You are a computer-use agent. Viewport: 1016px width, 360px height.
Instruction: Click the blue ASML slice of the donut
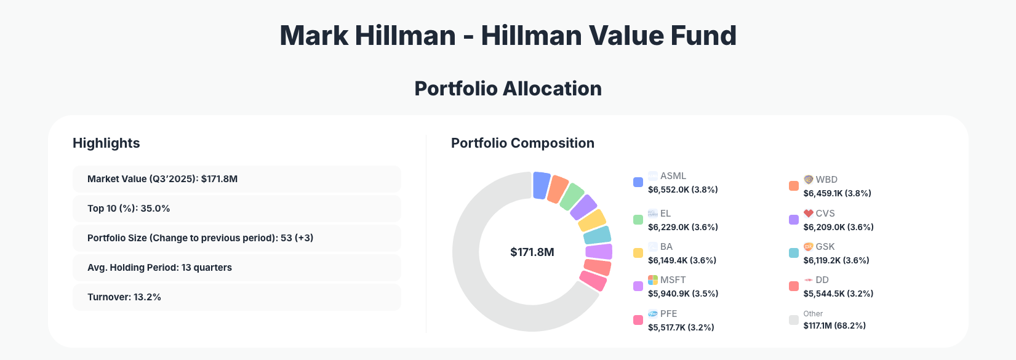point(541,185)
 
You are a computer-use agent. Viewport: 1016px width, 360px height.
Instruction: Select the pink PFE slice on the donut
point(593,281)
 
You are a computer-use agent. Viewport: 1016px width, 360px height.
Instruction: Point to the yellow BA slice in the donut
point(593,220)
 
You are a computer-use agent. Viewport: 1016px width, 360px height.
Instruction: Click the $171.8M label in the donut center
point(532,252)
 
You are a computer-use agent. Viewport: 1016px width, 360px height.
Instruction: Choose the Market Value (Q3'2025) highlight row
point(236,179)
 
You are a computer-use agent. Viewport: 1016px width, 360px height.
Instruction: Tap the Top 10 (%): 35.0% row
point(236,209)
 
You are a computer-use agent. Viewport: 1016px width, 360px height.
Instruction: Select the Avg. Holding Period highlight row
point(236,268)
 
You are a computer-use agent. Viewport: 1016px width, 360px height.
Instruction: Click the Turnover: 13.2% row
point(236,297)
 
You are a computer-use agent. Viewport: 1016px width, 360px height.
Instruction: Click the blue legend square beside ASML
point(638,182)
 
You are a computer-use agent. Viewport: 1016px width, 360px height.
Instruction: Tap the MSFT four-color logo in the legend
point(653,280)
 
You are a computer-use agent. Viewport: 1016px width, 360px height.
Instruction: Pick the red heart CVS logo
point(809,214)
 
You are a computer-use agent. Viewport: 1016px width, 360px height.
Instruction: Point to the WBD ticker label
point(826,180)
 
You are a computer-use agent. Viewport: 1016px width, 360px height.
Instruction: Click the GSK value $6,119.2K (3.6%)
point(836,260)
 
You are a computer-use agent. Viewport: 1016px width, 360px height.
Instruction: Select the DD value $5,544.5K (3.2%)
point(838,294)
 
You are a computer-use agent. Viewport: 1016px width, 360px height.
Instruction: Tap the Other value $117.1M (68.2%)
point(834,326)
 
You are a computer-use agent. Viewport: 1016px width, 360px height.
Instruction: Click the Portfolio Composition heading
point(522,143)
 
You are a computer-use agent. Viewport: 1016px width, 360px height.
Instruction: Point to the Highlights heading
point(106,143)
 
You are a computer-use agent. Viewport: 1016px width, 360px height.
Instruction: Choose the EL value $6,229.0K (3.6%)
point(683,227)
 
